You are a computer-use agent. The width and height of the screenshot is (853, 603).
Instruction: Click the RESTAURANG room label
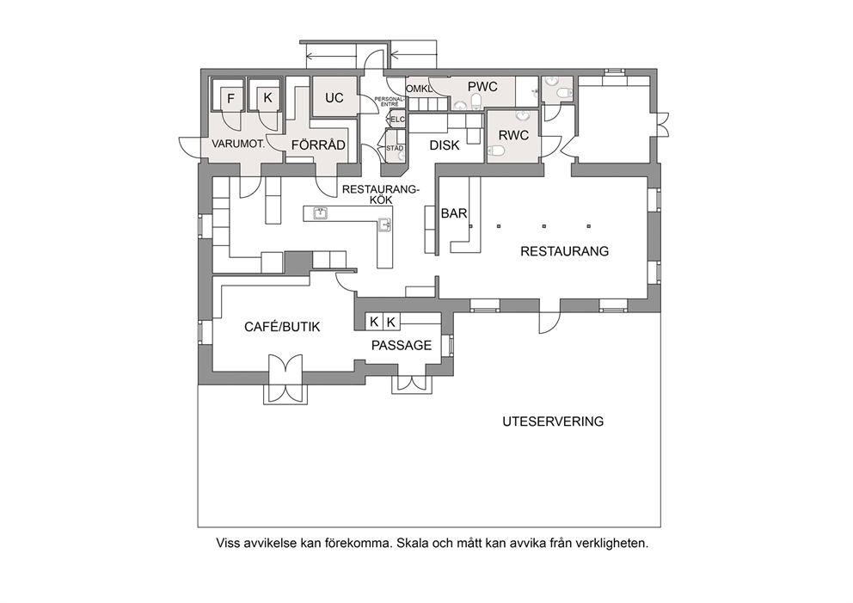click(564, 251)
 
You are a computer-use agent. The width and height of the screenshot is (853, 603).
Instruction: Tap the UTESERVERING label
click(553, 421)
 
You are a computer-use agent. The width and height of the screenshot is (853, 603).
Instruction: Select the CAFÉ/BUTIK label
click(282, 327)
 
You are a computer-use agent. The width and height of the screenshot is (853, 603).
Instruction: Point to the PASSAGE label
click(402, 345)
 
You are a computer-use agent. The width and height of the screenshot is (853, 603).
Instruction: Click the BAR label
click(454, 213)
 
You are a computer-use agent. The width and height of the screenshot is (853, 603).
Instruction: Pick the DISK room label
click(445, 145)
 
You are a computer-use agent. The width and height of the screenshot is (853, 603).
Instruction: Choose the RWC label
click(513, 135)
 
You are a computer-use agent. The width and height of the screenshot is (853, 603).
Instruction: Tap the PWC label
click(482, 87)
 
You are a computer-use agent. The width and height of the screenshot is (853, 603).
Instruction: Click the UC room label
click(334, 98)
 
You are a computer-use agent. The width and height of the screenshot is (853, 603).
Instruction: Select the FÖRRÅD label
click(318, 145)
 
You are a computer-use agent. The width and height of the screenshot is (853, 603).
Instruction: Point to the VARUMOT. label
click(238, 145)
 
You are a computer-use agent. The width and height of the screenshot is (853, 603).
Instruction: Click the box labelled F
click(230, 99)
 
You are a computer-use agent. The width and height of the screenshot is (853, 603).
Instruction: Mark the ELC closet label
click(398, 120)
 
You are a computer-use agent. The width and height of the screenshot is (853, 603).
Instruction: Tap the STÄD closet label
click(395, 147)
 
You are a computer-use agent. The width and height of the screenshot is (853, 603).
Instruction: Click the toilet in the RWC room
click(495, 151)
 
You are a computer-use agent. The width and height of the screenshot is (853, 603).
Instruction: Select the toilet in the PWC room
click(476, 102)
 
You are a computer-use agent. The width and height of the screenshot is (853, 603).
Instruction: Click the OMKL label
click(419, 89)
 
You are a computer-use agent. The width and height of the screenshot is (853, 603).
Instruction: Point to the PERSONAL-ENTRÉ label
click(390, 102)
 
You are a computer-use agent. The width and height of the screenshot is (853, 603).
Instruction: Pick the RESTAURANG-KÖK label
click(381, 194)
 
